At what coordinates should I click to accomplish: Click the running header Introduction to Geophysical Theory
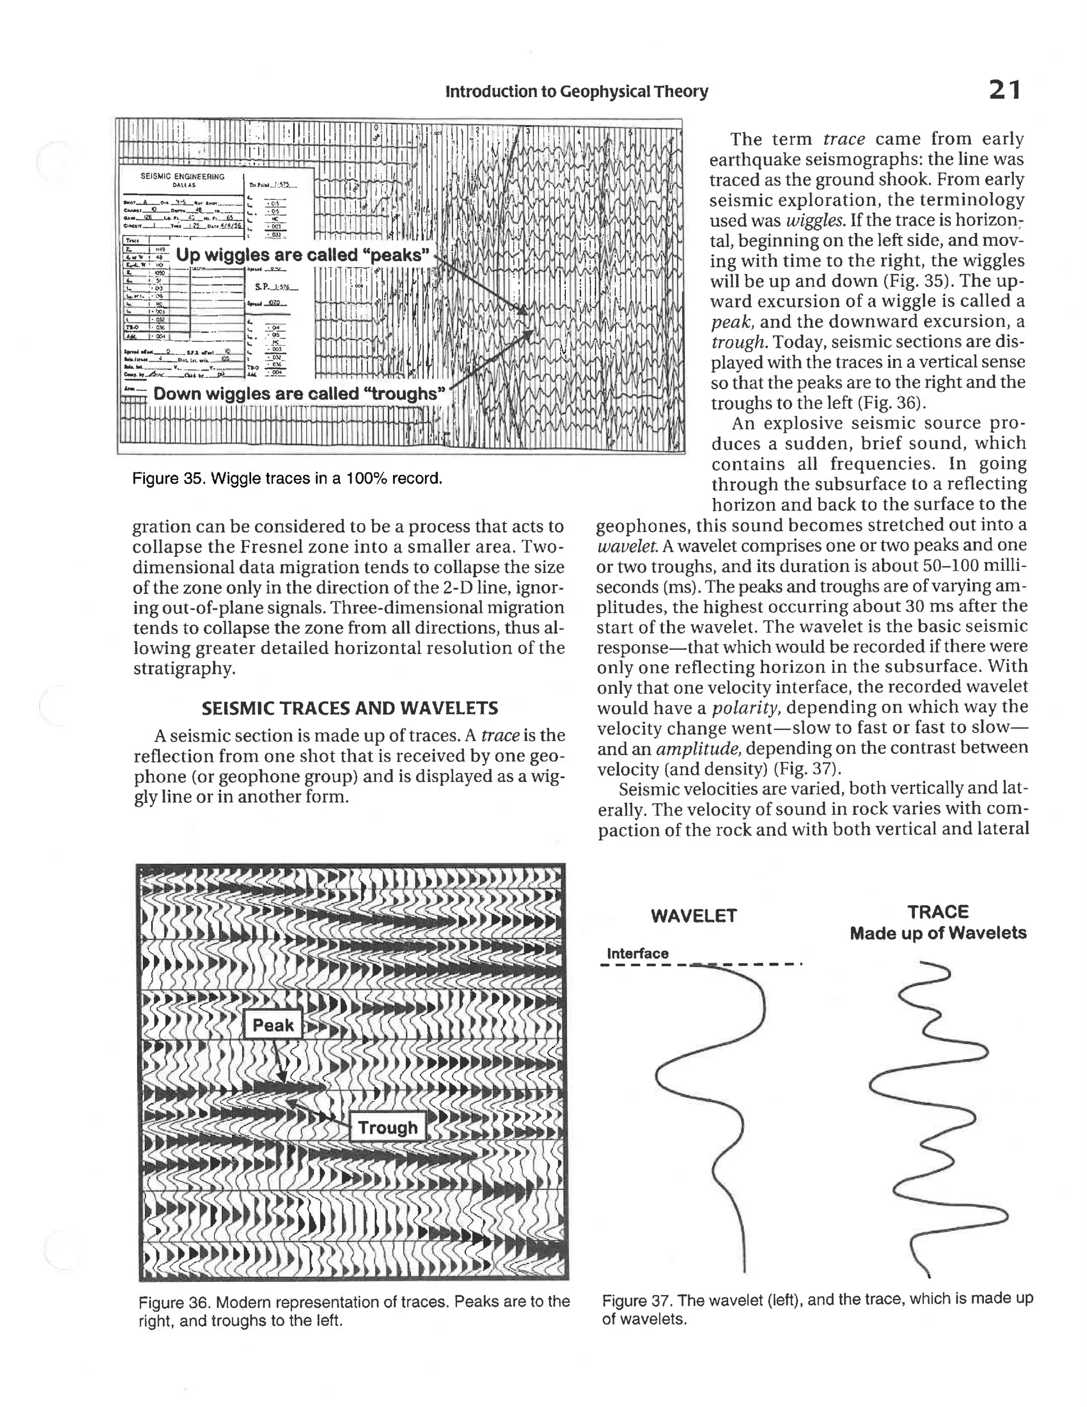coord(576,91)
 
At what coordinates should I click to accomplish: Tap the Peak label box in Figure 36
coord(272,1025)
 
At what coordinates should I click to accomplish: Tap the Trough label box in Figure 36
coord(387,1127)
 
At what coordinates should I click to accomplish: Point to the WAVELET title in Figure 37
coord(694,915)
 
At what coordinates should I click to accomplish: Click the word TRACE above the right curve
coord(938,912)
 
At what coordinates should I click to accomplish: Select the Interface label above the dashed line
coord(637,953)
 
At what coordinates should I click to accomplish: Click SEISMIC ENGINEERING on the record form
coord(182,176)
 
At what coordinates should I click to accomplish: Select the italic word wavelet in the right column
coord(620,546)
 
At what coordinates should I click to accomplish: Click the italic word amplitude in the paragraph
coord(698,749)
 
